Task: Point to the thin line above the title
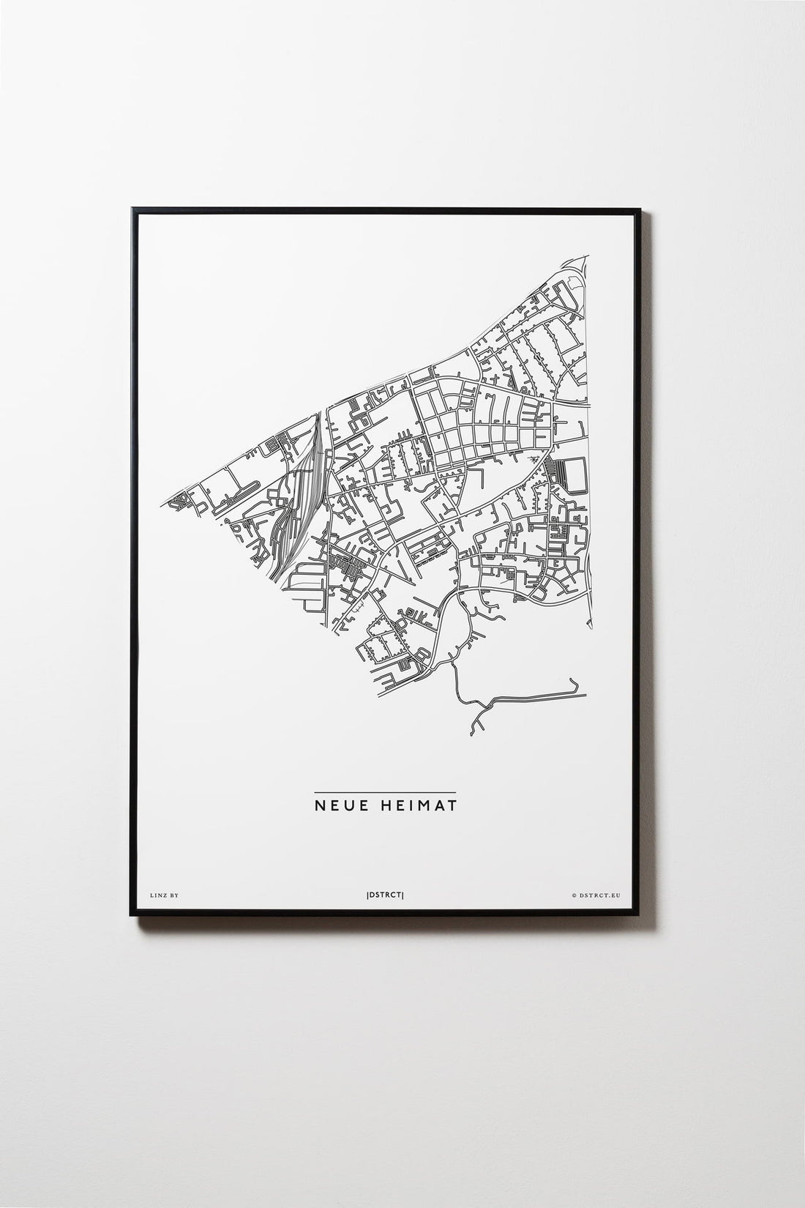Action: click(384, 792)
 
